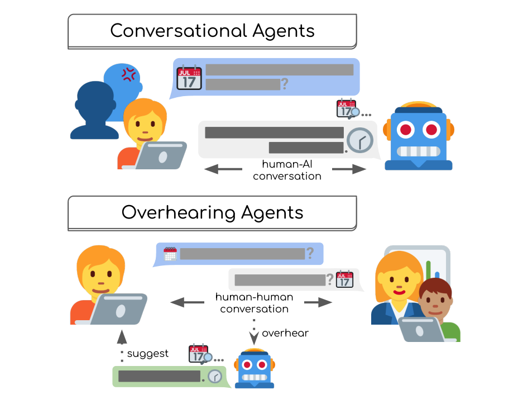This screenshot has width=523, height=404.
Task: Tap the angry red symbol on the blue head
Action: click(x=129, y=74)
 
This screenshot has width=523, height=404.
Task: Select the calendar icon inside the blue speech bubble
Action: click(x=189, y=78)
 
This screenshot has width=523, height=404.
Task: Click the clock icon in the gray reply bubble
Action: click(x=359, y=140)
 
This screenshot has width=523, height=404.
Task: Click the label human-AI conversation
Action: click(x=287, y=170)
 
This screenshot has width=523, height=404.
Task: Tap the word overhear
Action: click(x=285, y=334)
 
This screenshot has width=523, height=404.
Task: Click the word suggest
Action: click(x=147, y=354)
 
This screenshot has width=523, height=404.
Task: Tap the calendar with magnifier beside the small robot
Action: click(x=200, y=354)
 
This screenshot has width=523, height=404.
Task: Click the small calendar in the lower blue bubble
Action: click(x=170, y=254)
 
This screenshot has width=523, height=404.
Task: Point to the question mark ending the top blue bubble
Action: click(x=285, y=84)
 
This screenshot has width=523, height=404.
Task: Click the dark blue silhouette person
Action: click(x=94, y=110)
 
